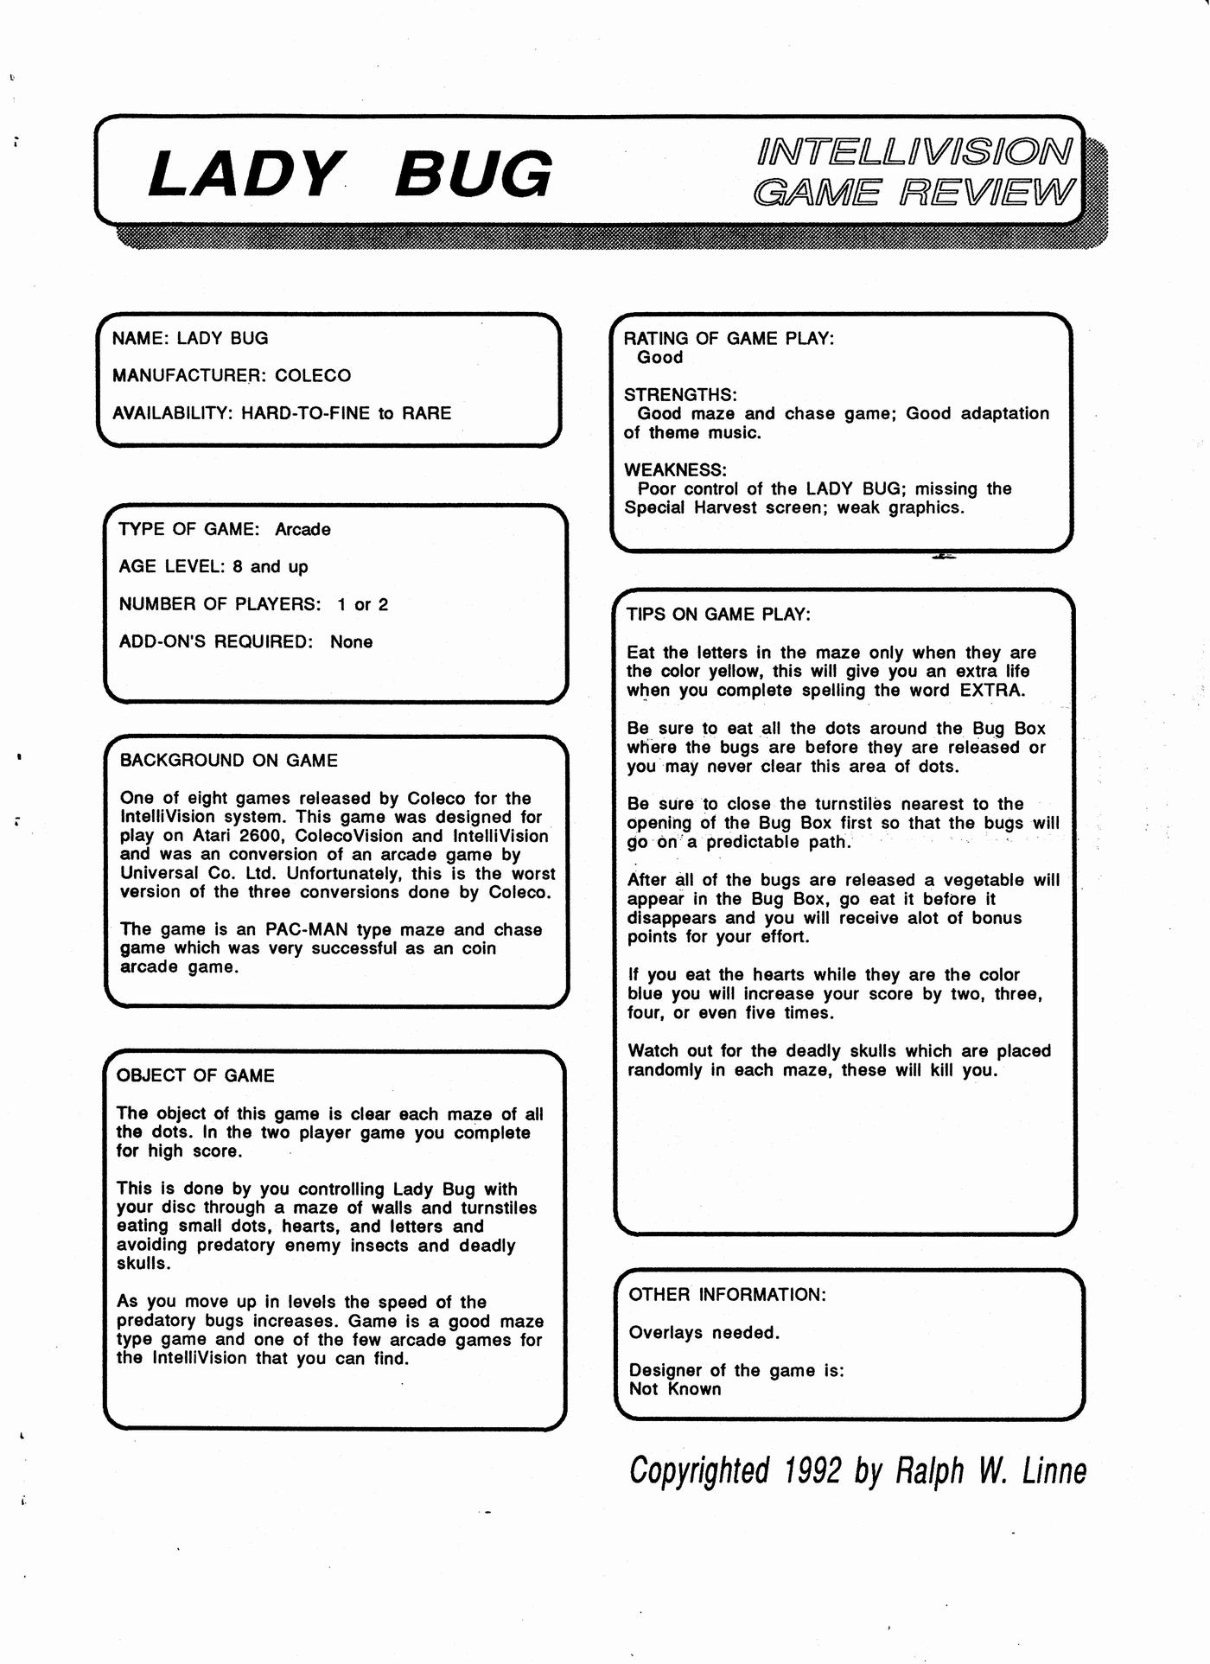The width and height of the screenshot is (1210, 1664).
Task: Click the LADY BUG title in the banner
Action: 349,174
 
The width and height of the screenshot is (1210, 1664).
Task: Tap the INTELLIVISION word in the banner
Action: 914,151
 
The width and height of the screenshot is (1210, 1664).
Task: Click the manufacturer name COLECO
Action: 313,376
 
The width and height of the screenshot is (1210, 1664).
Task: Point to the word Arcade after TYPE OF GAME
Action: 302,529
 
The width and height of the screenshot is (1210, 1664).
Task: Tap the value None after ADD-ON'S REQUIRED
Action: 351,642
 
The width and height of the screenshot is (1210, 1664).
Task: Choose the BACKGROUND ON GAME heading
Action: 229,761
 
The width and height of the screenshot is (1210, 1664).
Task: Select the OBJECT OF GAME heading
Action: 195,1076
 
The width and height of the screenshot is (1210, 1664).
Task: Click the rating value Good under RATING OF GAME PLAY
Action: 659,358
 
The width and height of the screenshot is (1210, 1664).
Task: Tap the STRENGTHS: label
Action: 680,395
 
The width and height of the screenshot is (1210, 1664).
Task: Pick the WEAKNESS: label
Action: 675,470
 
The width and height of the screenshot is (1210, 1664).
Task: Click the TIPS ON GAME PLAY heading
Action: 718,615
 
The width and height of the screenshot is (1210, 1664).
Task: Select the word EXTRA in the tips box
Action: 992,691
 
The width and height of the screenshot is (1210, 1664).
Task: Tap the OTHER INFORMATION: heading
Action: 728,1295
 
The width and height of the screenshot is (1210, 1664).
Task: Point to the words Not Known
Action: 675,1389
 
